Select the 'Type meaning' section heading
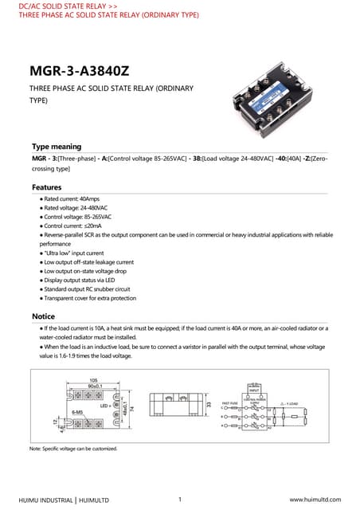pyautogui.click(x=56, y=147)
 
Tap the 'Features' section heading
pyautogui.click(x=47, y=187)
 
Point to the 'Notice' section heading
pyautogui.click(x=43, y=316)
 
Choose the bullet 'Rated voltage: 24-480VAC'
pyautogui.click(x=72, y=207)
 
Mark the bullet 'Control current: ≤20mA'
pyautogui.click(x=71, y=226)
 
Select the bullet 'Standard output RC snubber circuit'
pyautogui.click(x=86, y=288)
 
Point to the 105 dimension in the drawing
pyautogui.click(x=93, y=380)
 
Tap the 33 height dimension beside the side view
pyautogui.click(x=209, y=406)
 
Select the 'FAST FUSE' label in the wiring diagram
pyautogui.click(x=228, y=402)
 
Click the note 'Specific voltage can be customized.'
pyautogui.click(x=73, y=449)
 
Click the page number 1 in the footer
pyautogui.click(x=181, y=499)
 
